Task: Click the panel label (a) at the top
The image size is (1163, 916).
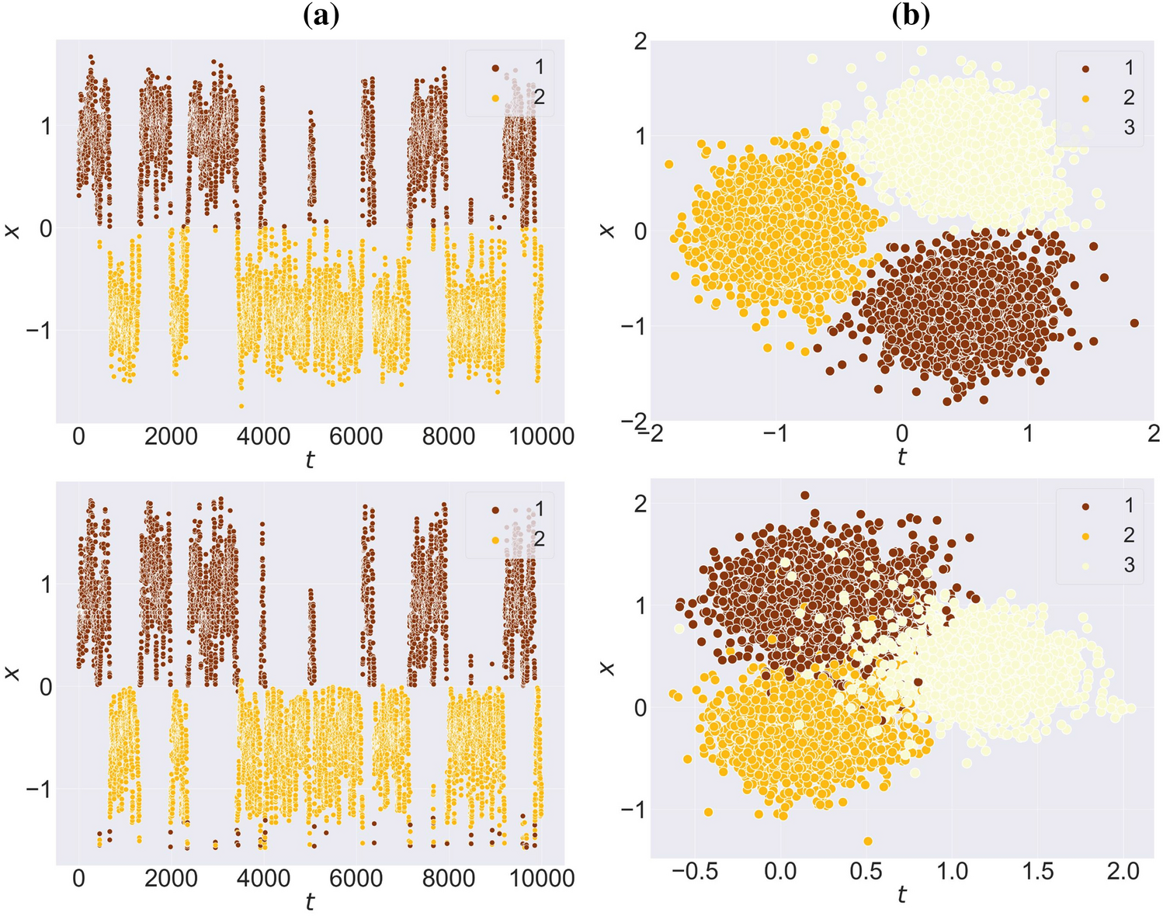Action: [321, 16]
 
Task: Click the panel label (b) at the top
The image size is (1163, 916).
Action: [910, 16]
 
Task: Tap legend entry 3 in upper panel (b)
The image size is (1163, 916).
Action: [1128, 127]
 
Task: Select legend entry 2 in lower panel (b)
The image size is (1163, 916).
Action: [1128, 535]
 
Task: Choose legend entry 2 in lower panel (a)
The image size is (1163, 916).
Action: [539, 539]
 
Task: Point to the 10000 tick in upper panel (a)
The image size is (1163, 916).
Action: [542, 436]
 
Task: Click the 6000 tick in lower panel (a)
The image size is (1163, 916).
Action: [356, 879]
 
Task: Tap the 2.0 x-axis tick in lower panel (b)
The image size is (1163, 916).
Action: [1121, 872]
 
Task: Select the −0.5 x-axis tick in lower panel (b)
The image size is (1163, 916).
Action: [693, 872]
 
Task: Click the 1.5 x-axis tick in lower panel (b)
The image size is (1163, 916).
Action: [1037, 872]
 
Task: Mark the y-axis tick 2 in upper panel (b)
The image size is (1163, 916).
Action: [640, 41]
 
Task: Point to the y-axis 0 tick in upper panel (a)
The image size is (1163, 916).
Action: [46, 228]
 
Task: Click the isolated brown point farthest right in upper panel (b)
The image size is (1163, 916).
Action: [1134, 323]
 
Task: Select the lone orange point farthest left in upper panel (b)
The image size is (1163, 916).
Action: [668, 165]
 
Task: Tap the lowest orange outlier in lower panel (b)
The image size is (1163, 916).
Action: [868, 841]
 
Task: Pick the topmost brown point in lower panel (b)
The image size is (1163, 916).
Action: [805, 495]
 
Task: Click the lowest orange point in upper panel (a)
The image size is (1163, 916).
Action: [241, 406]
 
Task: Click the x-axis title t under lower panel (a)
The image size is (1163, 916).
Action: [310, 902]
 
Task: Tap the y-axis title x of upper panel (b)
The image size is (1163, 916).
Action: [608, 231]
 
